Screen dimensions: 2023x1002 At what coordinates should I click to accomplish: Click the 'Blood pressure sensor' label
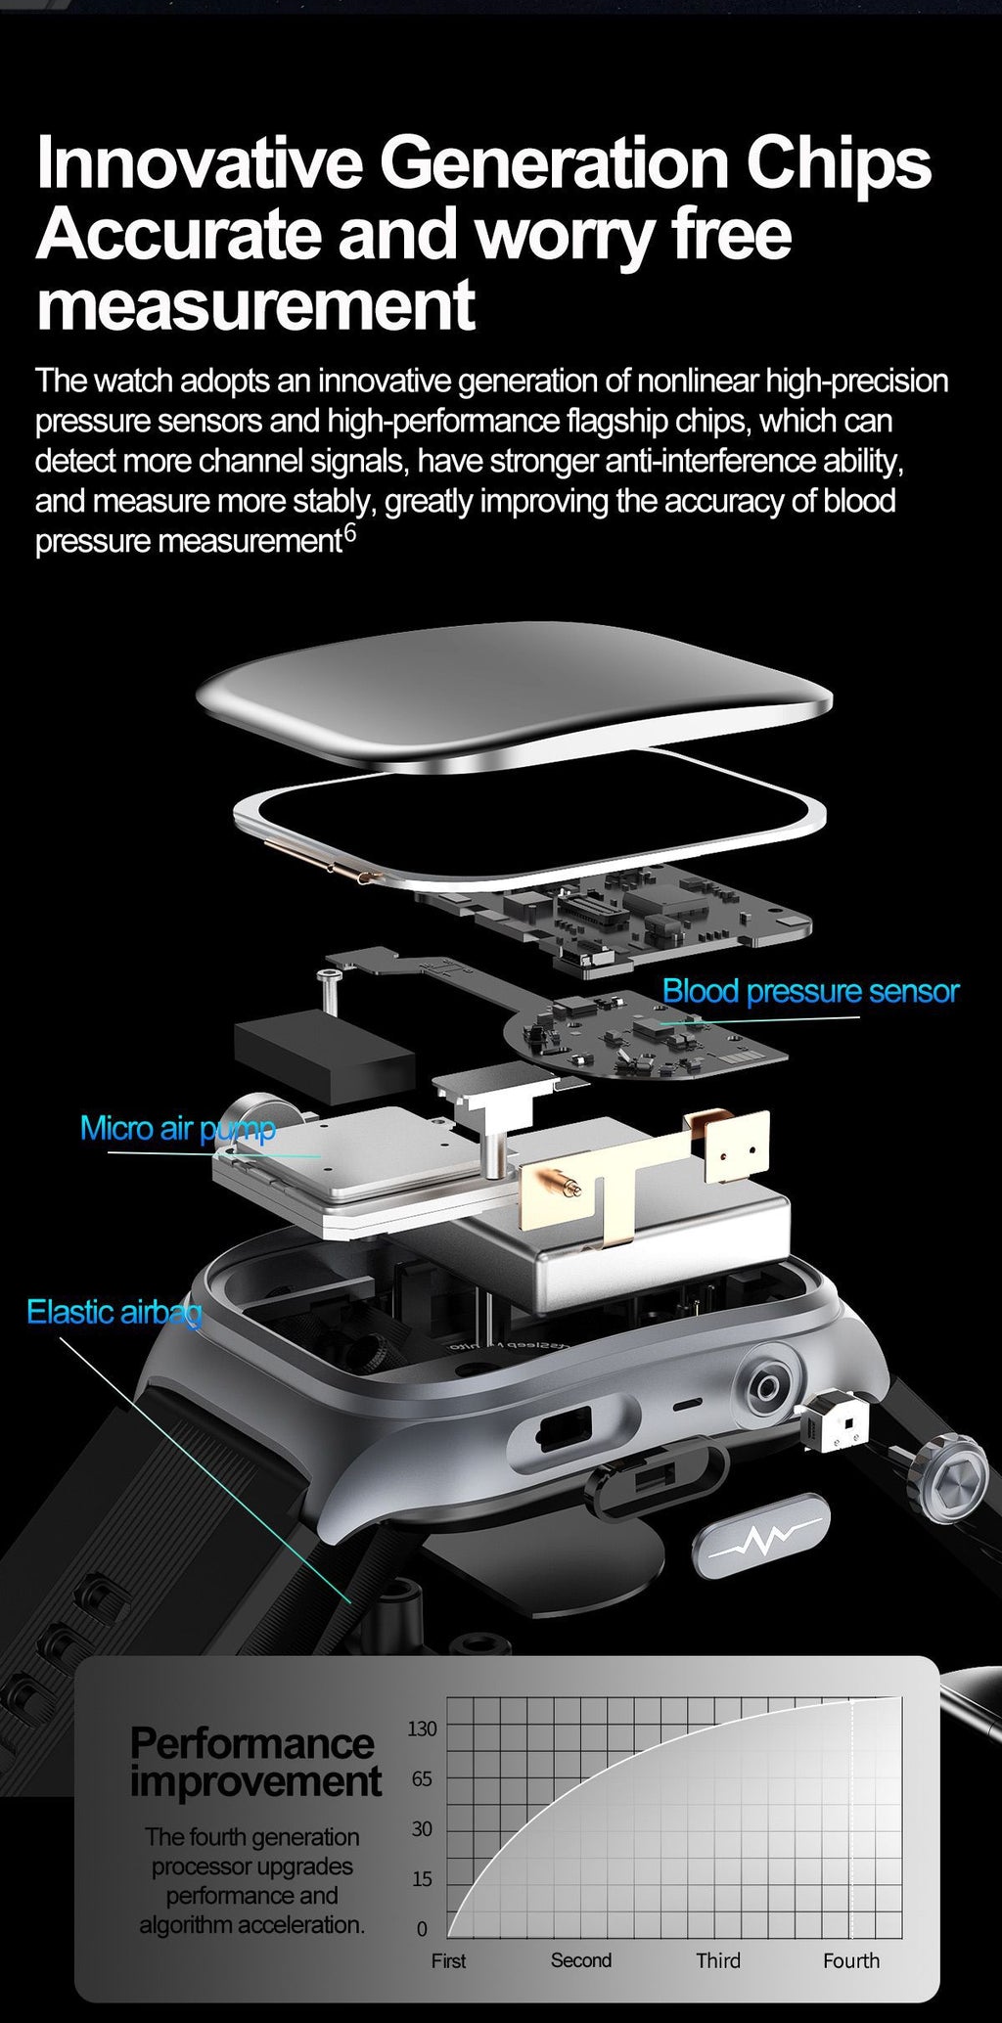[x=810, y=991]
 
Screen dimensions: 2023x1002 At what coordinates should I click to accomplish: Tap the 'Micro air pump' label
[x=178, y=1128]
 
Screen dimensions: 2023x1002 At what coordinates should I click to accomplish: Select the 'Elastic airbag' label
[x=114, y=1311]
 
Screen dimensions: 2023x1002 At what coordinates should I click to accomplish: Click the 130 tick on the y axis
[x=422, y=1729]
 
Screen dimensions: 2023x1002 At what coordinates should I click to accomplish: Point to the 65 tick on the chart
[x=422, y=1778]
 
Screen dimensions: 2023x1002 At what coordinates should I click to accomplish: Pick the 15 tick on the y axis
[x=422, y=1878]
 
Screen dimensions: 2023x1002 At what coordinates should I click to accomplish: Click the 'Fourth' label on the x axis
[x=850, y=1960]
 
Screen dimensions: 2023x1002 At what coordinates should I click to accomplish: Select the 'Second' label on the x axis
[x=580, y=1960]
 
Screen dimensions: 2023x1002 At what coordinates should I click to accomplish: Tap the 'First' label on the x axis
[x=448, y=1960]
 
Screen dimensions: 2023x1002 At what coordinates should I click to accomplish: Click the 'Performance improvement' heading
[x=254, y=1762]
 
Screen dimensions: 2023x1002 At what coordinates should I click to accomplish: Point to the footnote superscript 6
[x=350, y=534]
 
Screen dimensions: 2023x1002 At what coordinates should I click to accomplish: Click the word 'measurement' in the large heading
[x=255, y=305]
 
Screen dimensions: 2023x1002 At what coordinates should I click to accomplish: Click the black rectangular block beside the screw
[x=323, y=1056]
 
